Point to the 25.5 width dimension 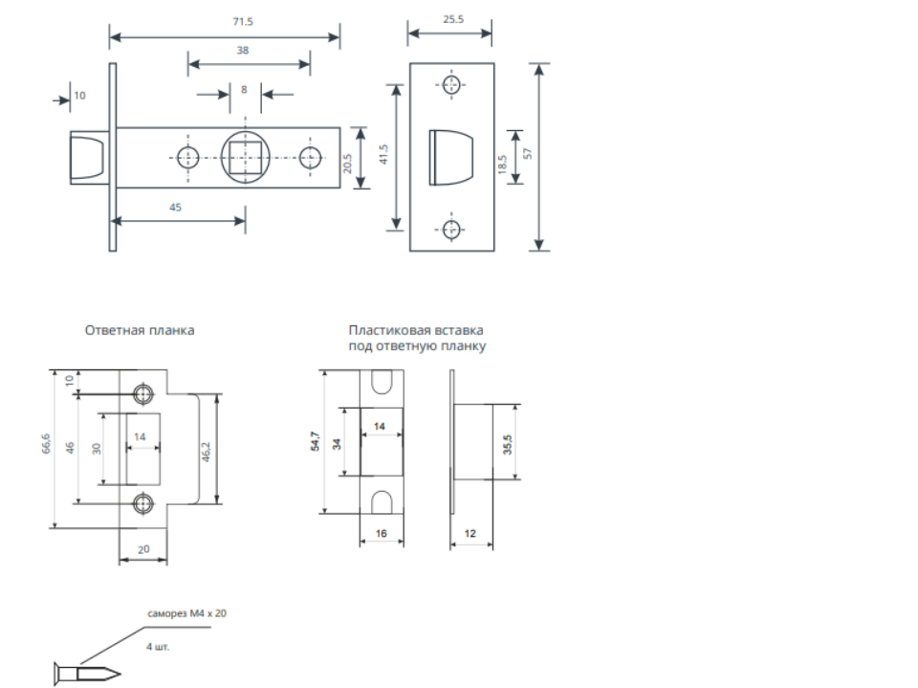pyautogui.click(x=449, y=21)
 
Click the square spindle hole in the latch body pyautogui.click(x=247, y=157)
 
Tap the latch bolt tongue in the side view pyautogui.click(x=87, y=158)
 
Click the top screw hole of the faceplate pyautogui.click(x=451, y=84)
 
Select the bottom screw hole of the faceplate pyautogui.click(x=451, y=228)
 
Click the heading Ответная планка pyautogui.click(x=141, y=330)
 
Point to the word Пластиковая pyautogui.click(x=384, y=331)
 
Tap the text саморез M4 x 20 pyautogui.click(x=187, y=613)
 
